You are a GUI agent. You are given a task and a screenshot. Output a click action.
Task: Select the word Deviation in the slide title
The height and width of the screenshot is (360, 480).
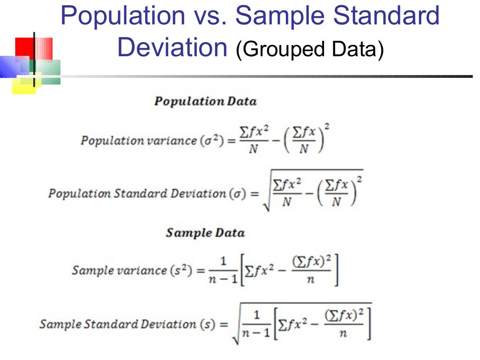172,48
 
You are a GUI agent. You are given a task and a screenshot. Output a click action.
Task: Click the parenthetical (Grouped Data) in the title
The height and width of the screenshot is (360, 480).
310,50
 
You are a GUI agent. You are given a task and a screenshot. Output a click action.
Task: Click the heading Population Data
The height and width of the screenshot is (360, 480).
205,101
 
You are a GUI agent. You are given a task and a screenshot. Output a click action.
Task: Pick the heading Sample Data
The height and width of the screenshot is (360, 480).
205,233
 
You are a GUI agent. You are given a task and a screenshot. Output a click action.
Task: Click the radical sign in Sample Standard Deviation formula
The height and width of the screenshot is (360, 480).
237,328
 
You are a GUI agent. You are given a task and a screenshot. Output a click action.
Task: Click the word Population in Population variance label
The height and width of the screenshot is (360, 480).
105,141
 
